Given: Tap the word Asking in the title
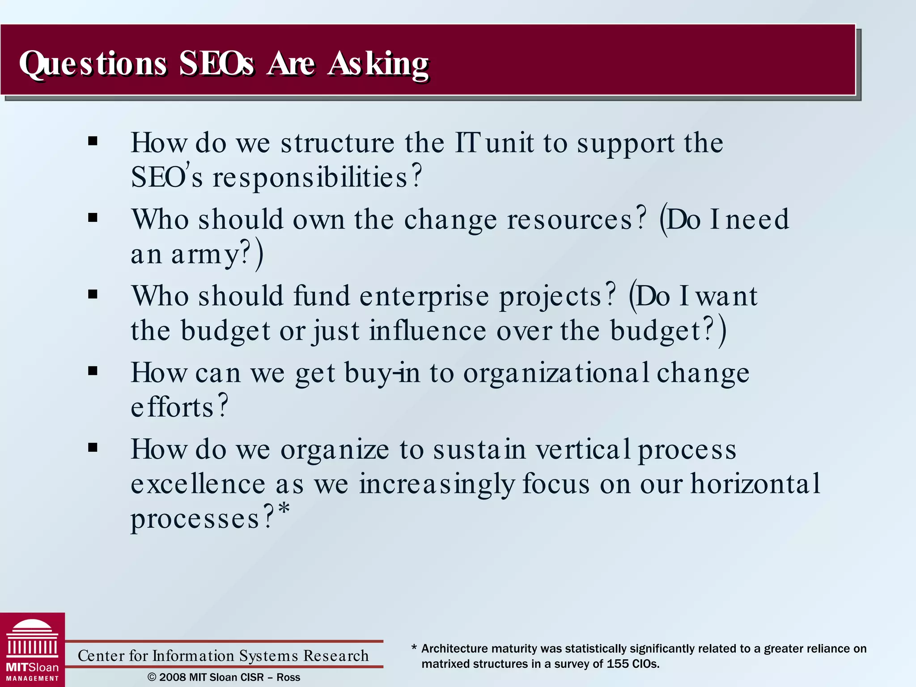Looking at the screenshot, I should pyautogui.click(x=378, y=64).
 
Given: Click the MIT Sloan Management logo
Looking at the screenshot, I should pyautogui.click(x=32, y=650).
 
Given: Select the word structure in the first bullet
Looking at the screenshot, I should pyautogui.click(x=337, y=144).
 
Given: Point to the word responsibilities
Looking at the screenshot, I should pyautogui.click(x=310, y=178).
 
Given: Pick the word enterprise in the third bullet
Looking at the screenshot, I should pyautogui.click(x=424, y=297).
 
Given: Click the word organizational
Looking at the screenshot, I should pyautogui.click(x=556, y=373).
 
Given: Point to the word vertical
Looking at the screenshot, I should pyautogui.click(x=583, y=450).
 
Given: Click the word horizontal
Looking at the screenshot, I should pyautogui.click(x=755, y=484).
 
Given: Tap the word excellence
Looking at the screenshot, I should pyautogui.click(x=198, y=484).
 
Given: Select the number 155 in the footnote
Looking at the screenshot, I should pyautogui.click(x=617, y=664).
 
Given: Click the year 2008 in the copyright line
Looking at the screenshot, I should pyautogui.click(x=172, y=677).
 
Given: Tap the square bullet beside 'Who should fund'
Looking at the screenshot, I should pyautogui.click(x=93, y=294).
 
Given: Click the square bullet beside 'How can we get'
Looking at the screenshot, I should pyautogui.click(x=93, y=371).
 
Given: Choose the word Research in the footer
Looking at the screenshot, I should pyautogui.click(x=336, y=656).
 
